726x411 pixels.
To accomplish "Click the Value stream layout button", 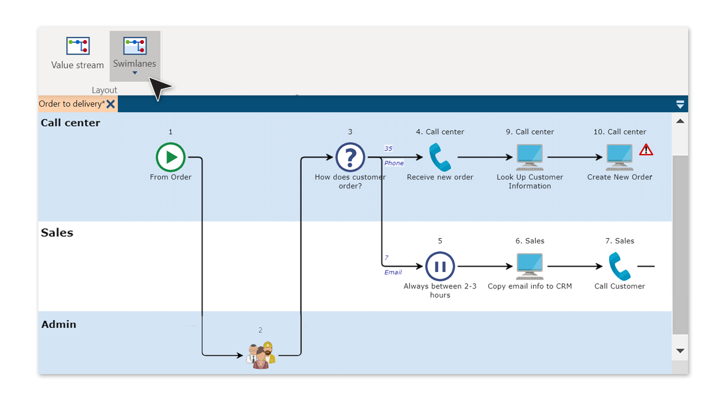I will (x=78, y=53).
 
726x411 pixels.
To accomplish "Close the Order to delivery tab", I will (x=111, y=104).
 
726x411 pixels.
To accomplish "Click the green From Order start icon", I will (x=170, y=157).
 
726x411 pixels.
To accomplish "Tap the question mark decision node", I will (x=350, y=157).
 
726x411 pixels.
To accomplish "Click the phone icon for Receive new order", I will (x=440, y=157).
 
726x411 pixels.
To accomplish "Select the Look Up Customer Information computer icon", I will (x=529, y=157).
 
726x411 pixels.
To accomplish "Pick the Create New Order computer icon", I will (x=619, y=157).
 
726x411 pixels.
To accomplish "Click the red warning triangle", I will (x=646, y=150).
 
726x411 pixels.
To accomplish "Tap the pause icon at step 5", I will (x=440, y=266).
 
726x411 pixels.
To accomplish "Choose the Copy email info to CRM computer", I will (x=529, y=266).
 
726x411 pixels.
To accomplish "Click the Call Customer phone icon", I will (x=619, y=266).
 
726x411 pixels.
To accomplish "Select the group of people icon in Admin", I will (x=261, y=355).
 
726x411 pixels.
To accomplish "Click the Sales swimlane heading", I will (x=57, y=233).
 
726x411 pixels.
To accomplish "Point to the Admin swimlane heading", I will (x=59, y=325).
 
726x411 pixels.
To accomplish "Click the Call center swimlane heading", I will (x=70, y=123).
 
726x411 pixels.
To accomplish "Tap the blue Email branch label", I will (x=393, y=273).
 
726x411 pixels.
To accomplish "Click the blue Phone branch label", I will (x=394, y=163).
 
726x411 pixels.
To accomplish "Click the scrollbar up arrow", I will (x=680, y=121).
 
